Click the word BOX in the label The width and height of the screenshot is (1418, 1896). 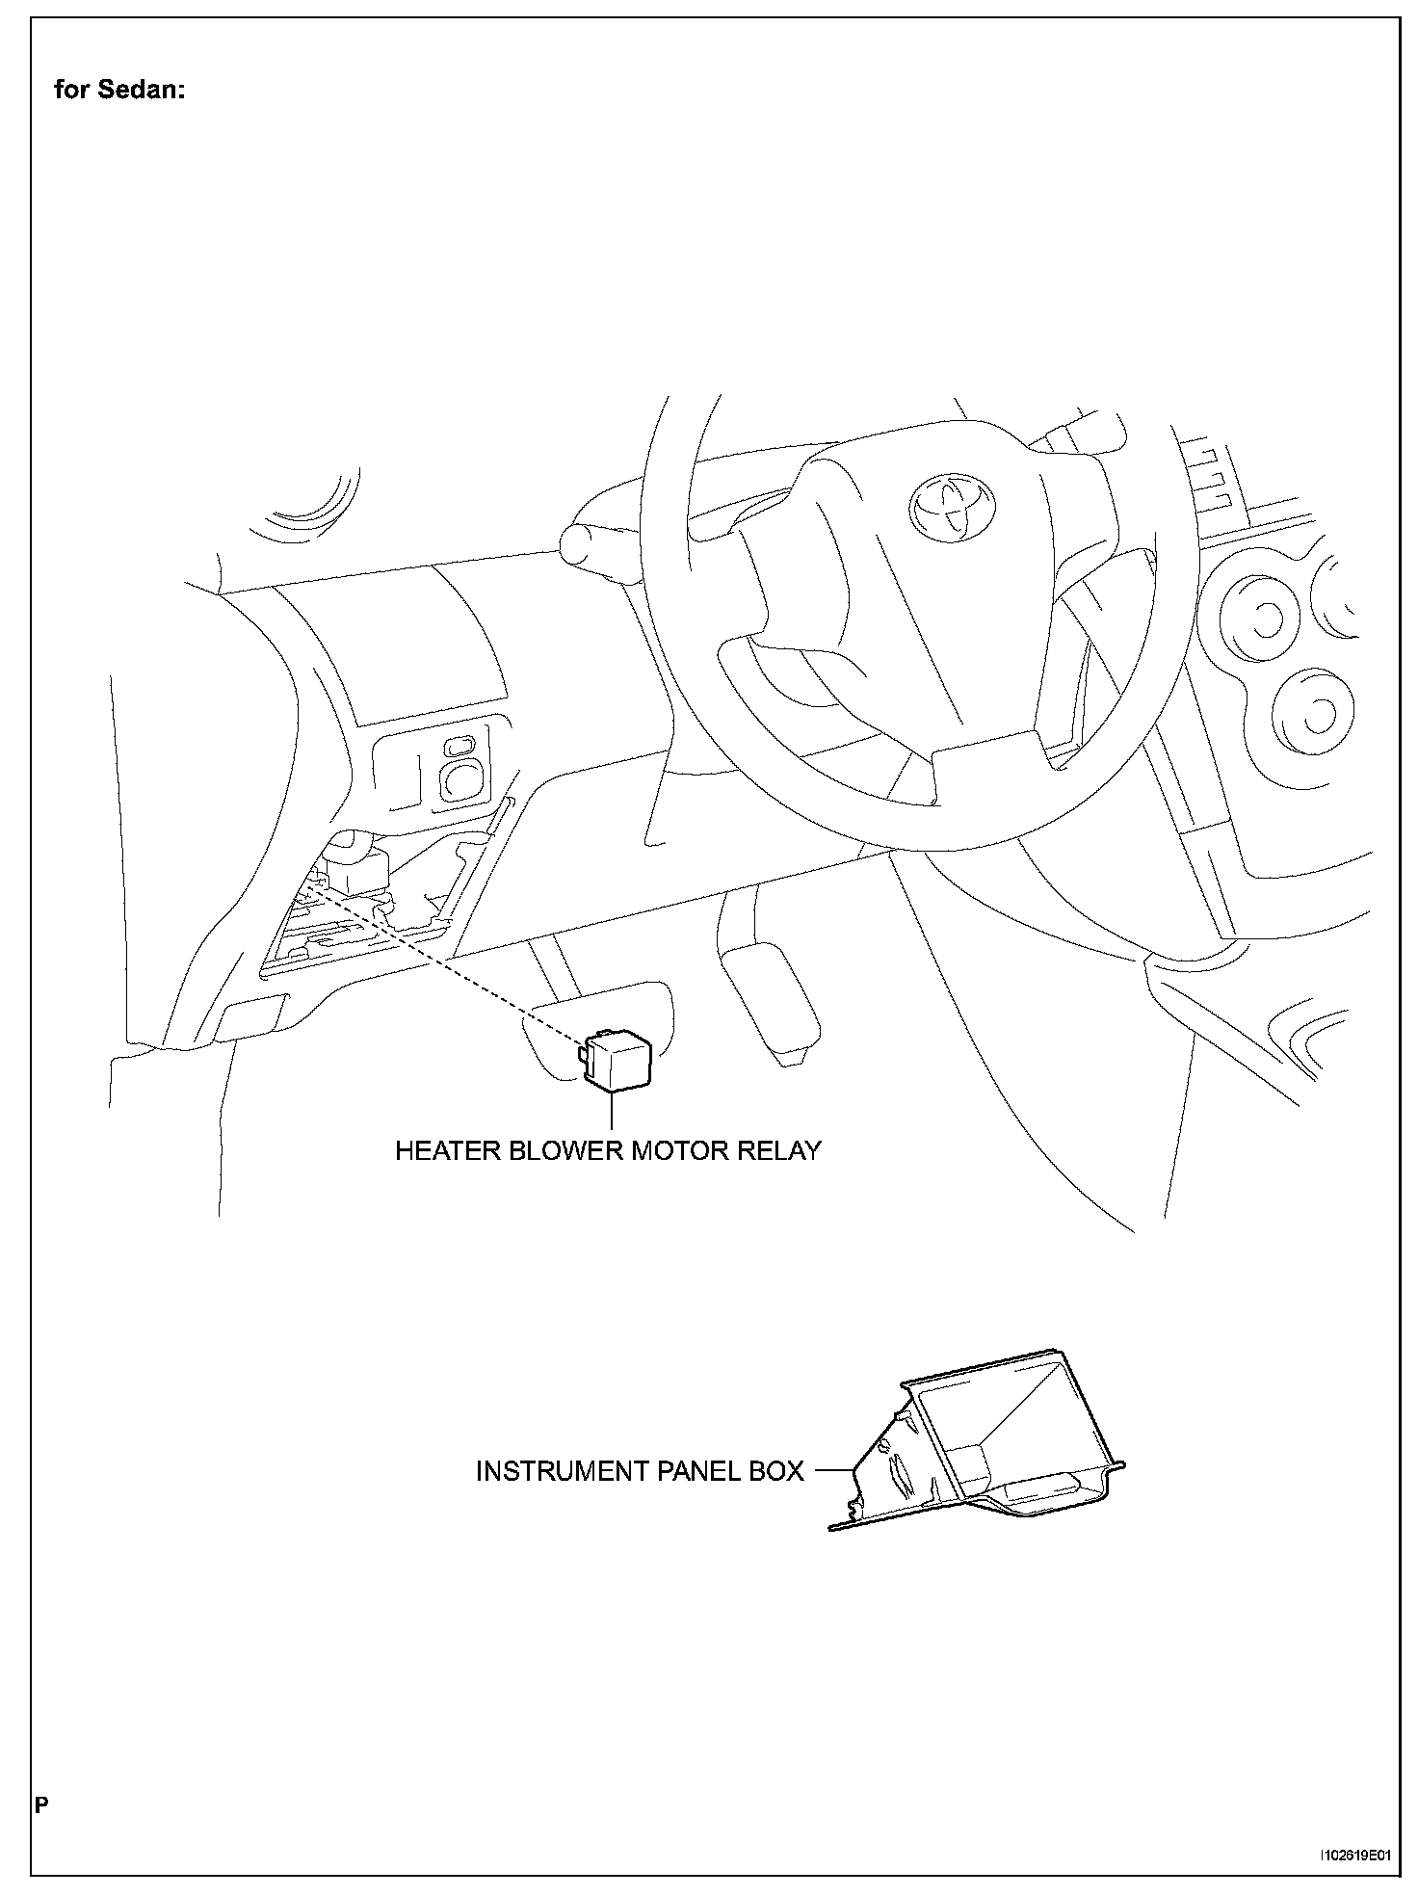point(778,1471)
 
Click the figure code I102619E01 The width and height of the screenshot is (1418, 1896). point(1357,1854)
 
